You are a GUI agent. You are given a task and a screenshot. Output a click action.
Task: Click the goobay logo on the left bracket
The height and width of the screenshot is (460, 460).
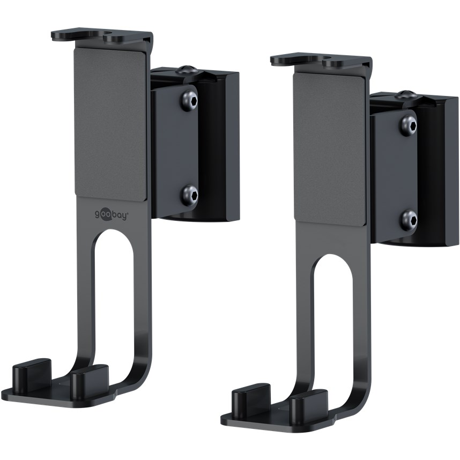(x=110, y=214)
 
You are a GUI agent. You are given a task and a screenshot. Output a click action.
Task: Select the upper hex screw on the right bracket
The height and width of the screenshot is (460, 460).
(x=409, y=124)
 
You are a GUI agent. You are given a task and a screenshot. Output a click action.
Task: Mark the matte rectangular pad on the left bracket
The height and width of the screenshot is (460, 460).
(x=110, y=123)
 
